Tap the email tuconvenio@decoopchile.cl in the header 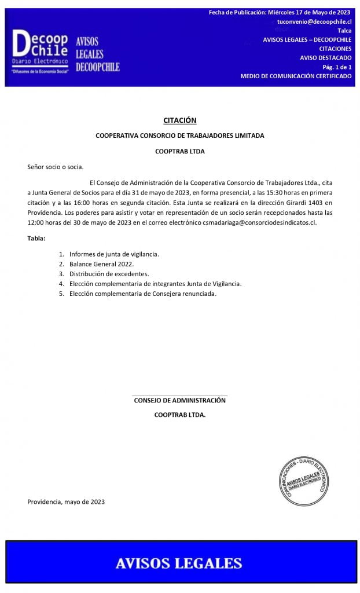pos(314,21)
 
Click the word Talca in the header pos(344,30)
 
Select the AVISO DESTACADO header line pos(325,57)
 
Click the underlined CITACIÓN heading pos(179,120)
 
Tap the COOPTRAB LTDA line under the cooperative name pos(180,151)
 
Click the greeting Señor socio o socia pos(56,167)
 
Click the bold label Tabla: pos(36,238)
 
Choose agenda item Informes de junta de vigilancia pos(114,254)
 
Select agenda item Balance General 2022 pos(101,264)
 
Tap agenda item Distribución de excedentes pos(109,274)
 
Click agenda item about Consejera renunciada pos(142,294)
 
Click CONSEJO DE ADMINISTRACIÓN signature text pos(179,400)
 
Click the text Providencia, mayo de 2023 pos(66,502)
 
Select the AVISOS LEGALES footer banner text pos(179,563)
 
